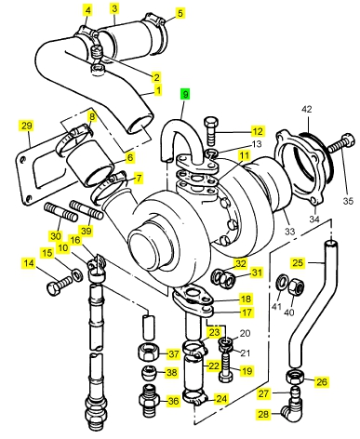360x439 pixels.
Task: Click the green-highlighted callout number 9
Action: tap(185, 94)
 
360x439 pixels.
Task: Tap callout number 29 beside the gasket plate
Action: tap(26, 126)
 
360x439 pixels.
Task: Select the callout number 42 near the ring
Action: tap(307, 109)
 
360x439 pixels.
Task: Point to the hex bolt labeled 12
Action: tap(211, 131)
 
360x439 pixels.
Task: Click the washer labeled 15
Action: tap(77, 274)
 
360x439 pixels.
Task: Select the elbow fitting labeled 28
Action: tap(291, 413)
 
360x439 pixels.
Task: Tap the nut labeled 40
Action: tap(296, 287)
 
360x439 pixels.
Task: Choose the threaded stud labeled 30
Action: tap(61, 212)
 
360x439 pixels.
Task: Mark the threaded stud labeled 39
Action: tap(87, 209)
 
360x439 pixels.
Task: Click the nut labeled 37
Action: tap(149, 352)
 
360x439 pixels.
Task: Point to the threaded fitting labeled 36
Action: tap(149, 401)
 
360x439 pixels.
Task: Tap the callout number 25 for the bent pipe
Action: tap(298, 263)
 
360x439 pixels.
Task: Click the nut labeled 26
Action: tap(295, 377)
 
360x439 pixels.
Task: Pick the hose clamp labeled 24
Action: tap(193, 397)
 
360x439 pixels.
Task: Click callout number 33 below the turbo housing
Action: tap(289, 232)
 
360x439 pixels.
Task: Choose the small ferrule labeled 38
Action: tap(150, 372)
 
